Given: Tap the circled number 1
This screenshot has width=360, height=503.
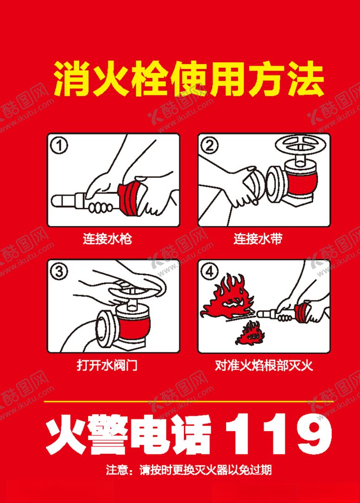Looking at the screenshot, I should tap(59, 146).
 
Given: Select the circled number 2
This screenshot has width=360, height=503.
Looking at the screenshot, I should tap(209, 146).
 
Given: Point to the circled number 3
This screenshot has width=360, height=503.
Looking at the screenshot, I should tap(59, 272).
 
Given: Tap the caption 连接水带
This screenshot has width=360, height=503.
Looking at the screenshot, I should tap(258, 239).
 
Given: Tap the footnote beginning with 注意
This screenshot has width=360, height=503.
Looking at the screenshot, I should tap(189, 470).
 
